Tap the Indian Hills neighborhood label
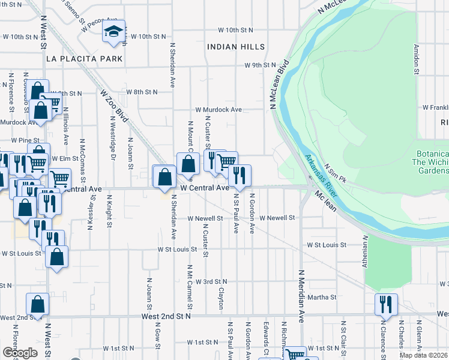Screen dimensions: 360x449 pos(235,47)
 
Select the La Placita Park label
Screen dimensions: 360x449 pos(84,59)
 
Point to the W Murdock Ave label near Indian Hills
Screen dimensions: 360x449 pos(218,110)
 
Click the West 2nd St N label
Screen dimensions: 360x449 pos(166,316)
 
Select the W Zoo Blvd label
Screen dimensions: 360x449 pos(114,106)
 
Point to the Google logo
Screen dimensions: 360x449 pos(20,353)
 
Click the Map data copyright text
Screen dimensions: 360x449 pos(424,355)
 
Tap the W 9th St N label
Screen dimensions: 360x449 pos(259,65)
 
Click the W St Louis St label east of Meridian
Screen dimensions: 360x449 pos(327,245)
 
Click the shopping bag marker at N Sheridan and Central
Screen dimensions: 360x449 pos(164,178)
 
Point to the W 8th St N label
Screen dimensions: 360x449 pos(142,92)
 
